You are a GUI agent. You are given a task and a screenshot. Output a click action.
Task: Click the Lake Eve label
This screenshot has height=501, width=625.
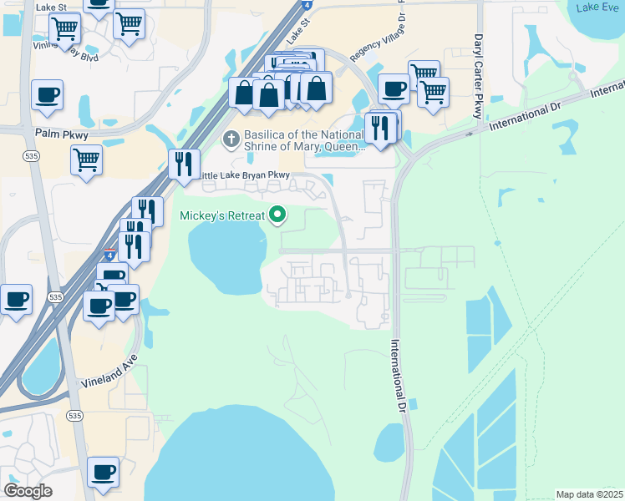(597, 8)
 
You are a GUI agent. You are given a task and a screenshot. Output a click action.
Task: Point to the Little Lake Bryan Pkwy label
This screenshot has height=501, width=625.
(244, 175)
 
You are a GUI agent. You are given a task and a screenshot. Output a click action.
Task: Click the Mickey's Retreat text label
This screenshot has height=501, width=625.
(222, 215)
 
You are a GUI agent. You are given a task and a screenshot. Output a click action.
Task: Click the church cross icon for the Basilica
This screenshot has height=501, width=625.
(231, 137)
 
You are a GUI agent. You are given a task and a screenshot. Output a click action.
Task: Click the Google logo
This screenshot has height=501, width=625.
(28, 491)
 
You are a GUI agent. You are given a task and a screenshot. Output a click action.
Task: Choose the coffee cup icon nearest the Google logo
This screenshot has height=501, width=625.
(103, 472)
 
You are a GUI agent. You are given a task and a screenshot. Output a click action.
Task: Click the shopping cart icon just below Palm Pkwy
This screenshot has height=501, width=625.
(87, 159)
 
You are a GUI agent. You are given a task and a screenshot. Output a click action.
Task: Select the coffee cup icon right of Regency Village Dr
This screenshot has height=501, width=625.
(394, 88)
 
